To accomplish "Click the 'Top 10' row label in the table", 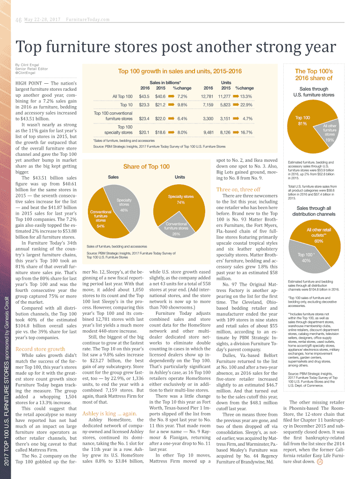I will [126, 105].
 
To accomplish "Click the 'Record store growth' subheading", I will [40, 349].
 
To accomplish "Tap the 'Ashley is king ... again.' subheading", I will [109, 414].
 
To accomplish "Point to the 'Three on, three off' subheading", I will [238, 189].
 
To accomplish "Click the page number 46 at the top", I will [19, 20].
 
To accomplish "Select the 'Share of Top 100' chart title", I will [146, 167].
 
